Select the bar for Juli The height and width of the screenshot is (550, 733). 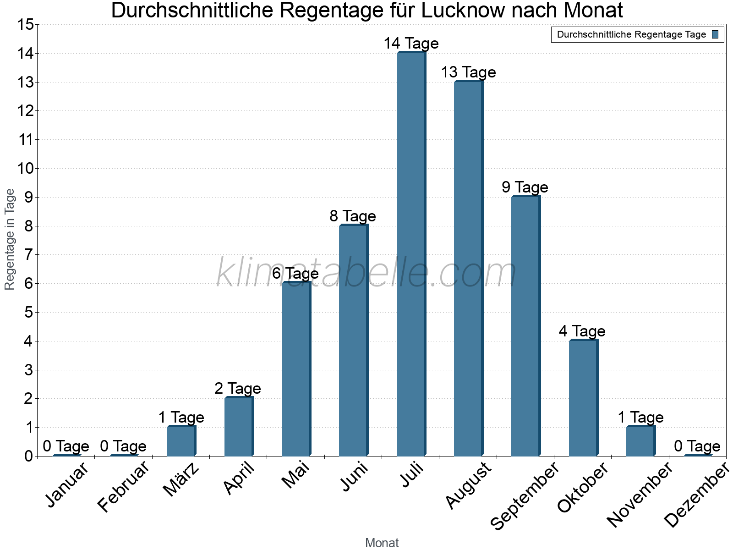click(x=411, y=254)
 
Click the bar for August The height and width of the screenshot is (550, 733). click(x=468, y=268)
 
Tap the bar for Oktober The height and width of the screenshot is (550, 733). click(x=583, y=398)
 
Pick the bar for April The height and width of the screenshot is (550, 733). click(x=239, y=427)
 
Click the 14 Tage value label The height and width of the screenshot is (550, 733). click(x=411, y=44)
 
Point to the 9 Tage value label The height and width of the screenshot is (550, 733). click(x=525, y=187)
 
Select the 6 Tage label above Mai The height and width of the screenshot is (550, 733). click(x=295, y=274)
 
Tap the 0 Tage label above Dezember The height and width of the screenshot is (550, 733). click(x=697, y=446)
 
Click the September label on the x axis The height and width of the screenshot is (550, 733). click(x=525, y=495)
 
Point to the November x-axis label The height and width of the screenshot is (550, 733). click(x=640, y=495)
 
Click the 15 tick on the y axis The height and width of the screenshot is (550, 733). click(x=26, y=25)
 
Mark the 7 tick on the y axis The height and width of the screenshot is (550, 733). click(x=29, y=255)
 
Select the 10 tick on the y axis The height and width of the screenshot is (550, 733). click(x=26, y=169)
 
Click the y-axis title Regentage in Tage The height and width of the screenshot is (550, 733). click(x=10, y=239)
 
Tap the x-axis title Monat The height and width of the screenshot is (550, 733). click(x=382, y=543)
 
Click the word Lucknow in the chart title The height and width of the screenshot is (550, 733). click(x=463, y=11)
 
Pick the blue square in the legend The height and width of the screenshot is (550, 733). click(x=715, y=34)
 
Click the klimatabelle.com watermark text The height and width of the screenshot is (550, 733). click(x=366, y=273)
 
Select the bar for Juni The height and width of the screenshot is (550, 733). click(x=353, y=341)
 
